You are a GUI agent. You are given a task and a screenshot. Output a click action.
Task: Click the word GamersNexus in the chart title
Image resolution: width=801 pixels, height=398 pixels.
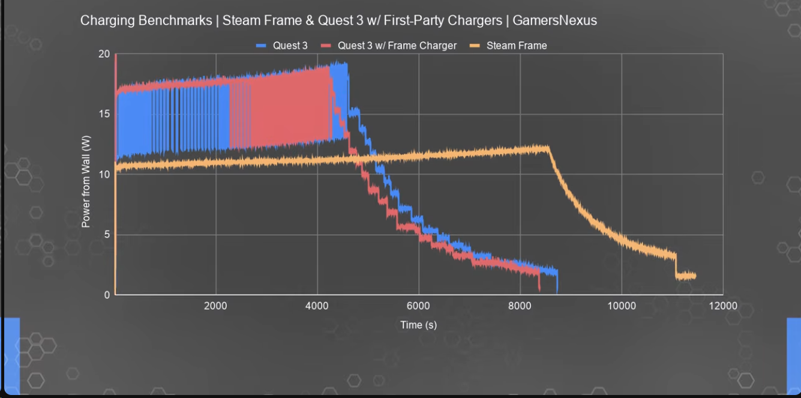click(554, 20)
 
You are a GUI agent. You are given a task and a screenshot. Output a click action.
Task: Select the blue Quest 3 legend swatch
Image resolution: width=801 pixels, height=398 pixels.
click(261, 46)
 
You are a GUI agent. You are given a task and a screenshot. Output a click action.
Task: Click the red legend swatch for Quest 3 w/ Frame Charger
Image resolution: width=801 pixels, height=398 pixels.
click(326, 46)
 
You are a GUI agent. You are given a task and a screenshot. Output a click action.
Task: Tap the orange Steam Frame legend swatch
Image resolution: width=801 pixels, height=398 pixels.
click(475, 46)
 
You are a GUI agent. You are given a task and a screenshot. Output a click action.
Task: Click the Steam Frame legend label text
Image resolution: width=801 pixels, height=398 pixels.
click(517, 46)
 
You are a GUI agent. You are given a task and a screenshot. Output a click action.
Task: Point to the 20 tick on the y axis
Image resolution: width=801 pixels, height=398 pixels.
click(104, 54)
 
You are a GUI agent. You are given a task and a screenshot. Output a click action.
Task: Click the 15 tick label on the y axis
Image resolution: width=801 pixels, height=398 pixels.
click(104, 114)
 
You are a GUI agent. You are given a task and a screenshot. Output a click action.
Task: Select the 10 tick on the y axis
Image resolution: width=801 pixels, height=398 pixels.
click(104, 175)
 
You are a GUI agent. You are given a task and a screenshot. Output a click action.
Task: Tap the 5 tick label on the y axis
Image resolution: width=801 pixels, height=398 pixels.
click(107, 235)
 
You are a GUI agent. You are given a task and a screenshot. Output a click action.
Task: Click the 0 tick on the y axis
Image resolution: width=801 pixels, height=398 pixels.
click(107, 295)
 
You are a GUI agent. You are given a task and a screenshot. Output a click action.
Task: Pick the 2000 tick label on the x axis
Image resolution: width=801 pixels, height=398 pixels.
click(215, 306)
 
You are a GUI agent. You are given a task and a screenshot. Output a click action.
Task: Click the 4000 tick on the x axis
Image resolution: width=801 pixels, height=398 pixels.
click(317, 306)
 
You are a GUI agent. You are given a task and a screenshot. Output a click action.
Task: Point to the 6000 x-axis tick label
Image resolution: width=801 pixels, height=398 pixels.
click(418, 306)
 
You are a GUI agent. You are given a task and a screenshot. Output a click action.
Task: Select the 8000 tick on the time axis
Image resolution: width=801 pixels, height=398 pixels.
click(520, 306)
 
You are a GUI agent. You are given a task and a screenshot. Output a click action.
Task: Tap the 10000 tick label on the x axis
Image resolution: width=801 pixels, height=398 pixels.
click(622, 306)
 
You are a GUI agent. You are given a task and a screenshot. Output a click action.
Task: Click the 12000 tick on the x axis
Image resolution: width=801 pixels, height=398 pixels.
click(723, 306)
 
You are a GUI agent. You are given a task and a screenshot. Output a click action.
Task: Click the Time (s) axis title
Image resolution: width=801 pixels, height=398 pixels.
click(418, 325)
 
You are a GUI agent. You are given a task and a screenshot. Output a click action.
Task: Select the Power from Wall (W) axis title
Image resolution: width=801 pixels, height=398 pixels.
click(86, 181)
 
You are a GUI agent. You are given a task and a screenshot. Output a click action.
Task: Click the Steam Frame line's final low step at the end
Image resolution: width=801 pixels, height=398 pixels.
click(686, 276)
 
